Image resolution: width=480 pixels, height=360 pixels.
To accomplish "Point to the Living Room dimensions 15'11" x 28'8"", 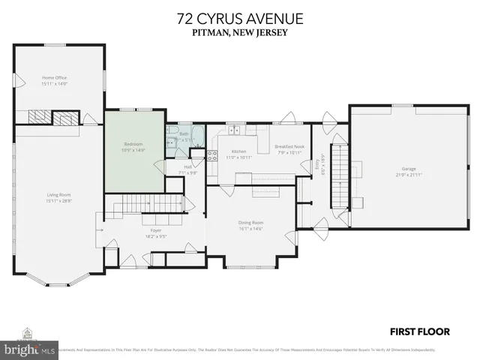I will tap(58, 200).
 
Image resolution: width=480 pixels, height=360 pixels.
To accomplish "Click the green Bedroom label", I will tap(133, 144).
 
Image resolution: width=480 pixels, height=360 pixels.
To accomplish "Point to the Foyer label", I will tap(156, 230).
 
